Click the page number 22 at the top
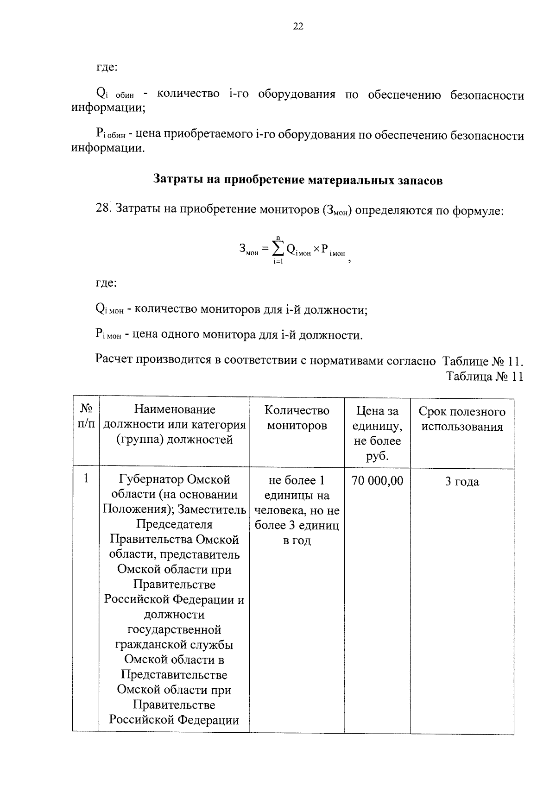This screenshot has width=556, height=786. [x=298, y=27]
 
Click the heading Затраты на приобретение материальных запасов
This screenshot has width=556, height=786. [x=298, y=180]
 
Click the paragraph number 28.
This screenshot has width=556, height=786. [x=103, y=209]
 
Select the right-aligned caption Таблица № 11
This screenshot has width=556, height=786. [x=484, y=377]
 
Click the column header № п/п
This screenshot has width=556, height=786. [x=86, y=416]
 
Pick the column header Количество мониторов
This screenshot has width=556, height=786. [x=297, y=418]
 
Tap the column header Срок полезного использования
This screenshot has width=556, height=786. [x=461, y=419]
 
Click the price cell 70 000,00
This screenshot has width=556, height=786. [x=377, y=481]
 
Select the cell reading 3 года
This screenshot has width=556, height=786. [x=461, y=482]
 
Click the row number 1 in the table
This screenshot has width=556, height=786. [x=86, y=478]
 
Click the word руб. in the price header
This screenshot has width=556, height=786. [x=377, y=456]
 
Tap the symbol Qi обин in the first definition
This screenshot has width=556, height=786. [x=114, y=94]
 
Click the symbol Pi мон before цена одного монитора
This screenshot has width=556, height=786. [x=108, y=334]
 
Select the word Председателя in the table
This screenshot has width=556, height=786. [x=174, y=525]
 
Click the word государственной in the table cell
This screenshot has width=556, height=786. [x=174, y=630]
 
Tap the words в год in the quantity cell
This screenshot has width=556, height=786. [x=297, y=541]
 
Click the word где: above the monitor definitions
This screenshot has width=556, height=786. [x=106, y=283]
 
